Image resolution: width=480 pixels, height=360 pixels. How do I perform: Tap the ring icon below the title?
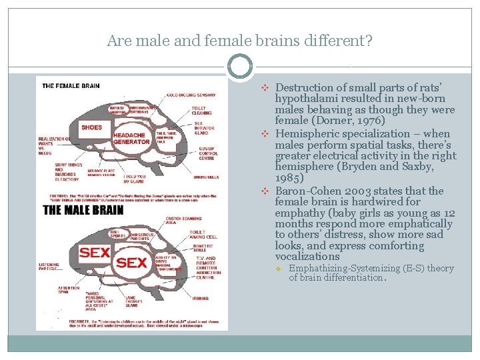click(x=240, y=67)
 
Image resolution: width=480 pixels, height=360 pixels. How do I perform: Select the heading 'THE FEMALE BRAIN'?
click(x=71, y=85)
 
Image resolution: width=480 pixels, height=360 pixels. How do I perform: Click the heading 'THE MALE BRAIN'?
click(x=83, y=210)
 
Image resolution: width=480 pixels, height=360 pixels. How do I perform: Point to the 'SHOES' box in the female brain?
click(x=91, y=127)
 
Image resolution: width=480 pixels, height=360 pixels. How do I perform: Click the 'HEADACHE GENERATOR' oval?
click(x=131, y=138)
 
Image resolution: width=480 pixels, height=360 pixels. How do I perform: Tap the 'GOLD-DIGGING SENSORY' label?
click(x=191, y=95)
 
